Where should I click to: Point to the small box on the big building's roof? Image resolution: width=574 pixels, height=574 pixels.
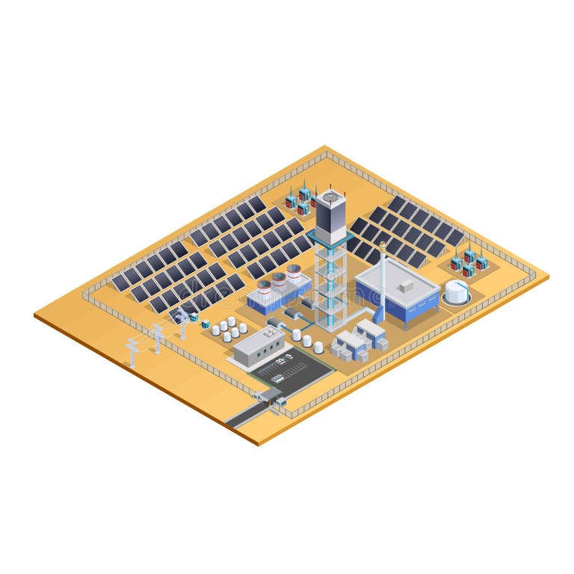point(407,286)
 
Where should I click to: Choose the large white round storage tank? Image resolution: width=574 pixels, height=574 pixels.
point(457,292)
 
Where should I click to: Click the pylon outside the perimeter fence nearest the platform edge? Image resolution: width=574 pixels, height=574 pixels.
point(132,352)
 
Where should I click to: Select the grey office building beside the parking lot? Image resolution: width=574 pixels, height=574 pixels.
point(258,347)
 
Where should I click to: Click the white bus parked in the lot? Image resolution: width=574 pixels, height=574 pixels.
point(277,378)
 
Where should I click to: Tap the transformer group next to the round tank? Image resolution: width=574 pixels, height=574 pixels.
point(469,262)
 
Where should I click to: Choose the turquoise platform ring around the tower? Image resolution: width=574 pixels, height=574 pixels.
point(326,247)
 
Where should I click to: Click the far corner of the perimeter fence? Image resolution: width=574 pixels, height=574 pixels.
point(326,152)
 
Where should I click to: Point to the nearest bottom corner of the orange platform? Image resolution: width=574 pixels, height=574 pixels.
point(259,442)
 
